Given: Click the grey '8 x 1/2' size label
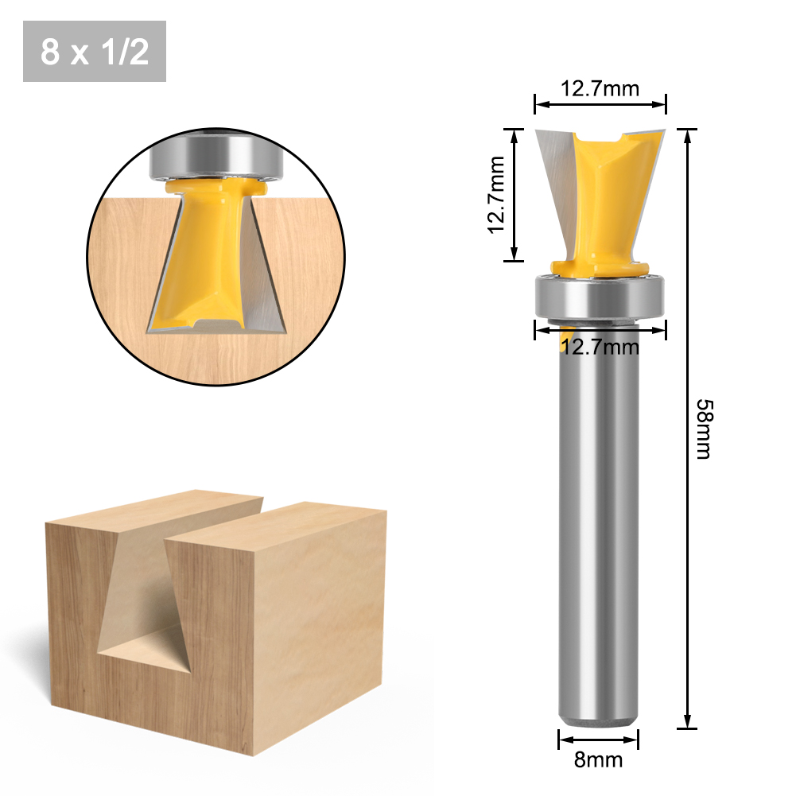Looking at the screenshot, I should pos(94,52).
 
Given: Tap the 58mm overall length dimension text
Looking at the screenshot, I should pos(703,429).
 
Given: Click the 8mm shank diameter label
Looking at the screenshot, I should pos(600,759).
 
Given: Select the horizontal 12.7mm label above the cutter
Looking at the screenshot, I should pos(600,88).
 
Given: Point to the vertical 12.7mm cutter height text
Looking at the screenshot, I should pos(497,195).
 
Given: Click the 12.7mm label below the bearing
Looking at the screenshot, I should pos(600,347).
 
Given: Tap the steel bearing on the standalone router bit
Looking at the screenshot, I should pos(600,296).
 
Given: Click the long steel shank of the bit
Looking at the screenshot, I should pos(600,517).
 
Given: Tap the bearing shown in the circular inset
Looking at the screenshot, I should pos(215,156).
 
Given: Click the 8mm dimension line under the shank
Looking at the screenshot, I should pos(600,739).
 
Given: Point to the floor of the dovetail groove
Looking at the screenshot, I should pos(147,648).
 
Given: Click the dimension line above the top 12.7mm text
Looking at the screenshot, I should pos(600,103).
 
